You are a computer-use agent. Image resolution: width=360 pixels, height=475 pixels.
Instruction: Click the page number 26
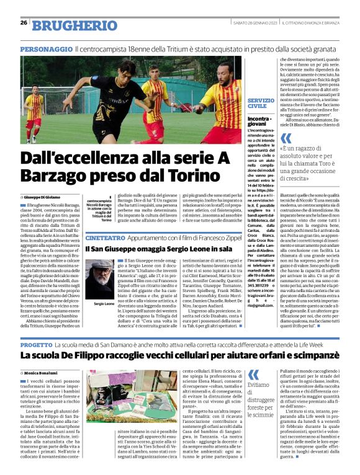pos(24,22)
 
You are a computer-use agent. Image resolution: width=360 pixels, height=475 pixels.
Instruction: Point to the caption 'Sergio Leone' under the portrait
pos(96,304)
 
